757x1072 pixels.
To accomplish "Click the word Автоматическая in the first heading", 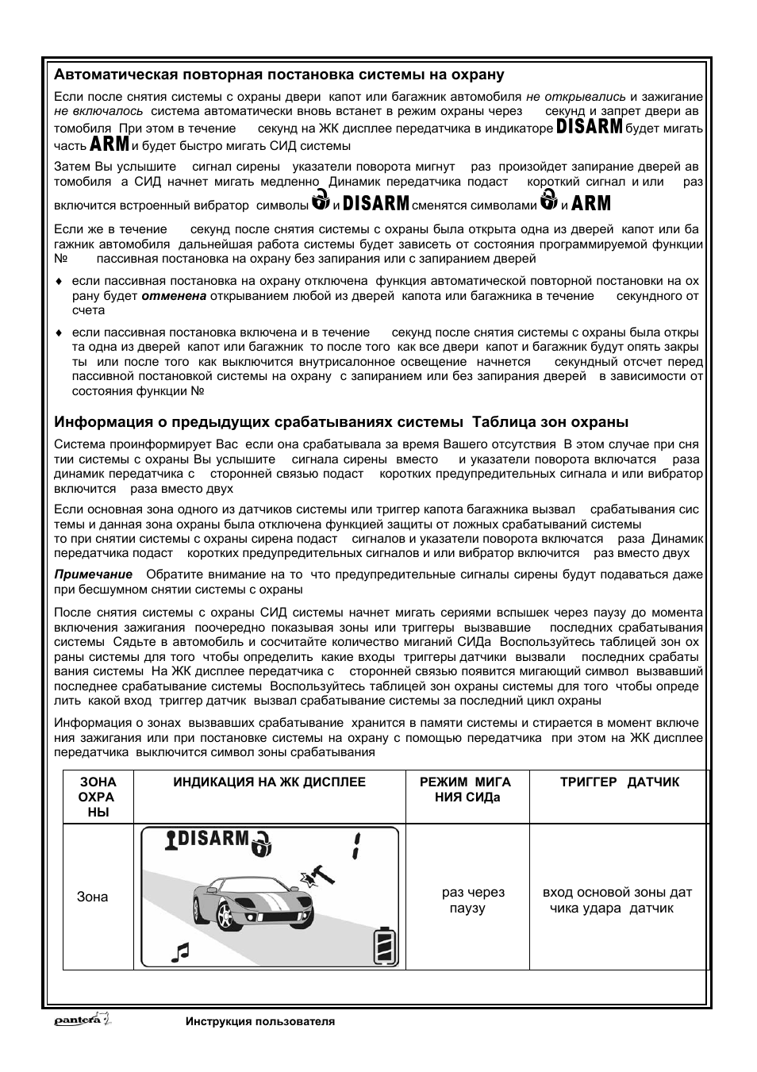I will click(x=103, y=75).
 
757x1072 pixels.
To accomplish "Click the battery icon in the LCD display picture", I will click(x=385, y=947).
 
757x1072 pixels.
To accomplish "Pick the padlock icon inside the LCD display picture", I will click(x=261, y=843).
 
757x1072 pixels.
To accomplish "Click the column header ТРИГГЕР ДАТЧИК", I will click(x=619, y=782).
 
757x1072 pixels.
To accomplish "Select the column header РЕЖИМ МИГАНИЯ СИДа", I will click(x=467, y=790).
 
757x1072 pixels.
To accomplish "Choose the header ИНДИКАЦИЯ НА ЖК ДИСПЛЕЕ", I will click(x=269, y=782).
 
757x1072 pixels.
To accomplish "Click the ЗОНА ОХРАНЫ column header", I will click(x=98, y=797).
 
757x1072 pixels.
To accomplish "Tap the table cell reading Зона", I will click(x=92, y=897).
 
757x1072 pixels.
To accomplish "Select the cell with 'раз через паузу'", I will click(x=472, y=901).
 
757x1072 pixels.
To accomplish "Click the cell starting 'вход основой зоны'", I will click(x=617, y=901).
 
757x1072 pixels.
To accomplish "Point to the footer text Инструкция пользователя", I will click(x=259, y=1022).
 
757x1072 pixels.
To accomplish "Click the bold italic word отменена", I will click(x=174, y=296).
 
